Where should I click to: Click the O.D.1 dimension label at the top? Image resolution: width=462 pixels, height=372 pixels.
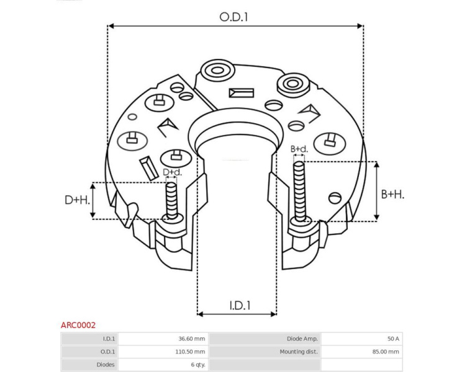tap(233, 17)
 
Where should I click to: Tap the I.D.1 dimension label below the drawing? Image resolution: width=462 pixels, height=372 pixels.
tap(240, 306)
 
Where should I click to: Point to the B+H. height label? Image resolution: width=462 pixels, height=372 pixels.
tap(392, 195)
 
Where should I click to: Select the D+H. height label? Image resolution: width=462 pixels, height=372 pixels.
tap(77, 200)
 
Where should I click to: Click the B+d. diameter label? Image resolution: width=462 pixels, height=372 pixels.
tap(299, 149)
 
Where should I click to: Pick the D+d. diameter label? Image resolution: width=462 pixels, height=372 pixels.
tap(173, 172)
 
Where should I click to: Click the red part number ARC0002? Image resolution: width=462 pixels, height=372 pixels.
tap(78, 325)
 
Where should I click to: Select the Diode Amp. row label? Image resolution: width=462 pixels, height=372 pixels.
tap(302, 339)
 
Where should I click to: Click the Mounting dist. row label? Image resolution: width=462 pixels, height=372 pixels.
tap(299, 352)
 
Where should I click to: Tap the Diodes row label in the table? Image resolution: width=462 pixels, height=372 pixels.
tap(106, 365)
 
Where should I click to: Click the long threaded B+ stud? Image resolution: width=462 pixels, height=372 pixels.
tap(299, 192)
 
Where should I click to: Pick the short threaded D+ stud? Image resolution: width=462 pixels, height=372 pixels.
tap(171, 200)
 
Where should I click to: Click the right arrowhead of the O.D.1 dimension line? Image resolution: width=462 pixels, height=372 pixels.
tap(360, 26)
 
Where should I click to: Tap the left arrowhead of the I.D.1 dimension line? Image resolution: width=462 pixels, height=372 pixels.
tap(201, 314)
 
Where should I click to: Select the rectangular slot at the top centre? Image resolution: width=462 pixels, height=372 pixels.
tap(242, 93)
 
